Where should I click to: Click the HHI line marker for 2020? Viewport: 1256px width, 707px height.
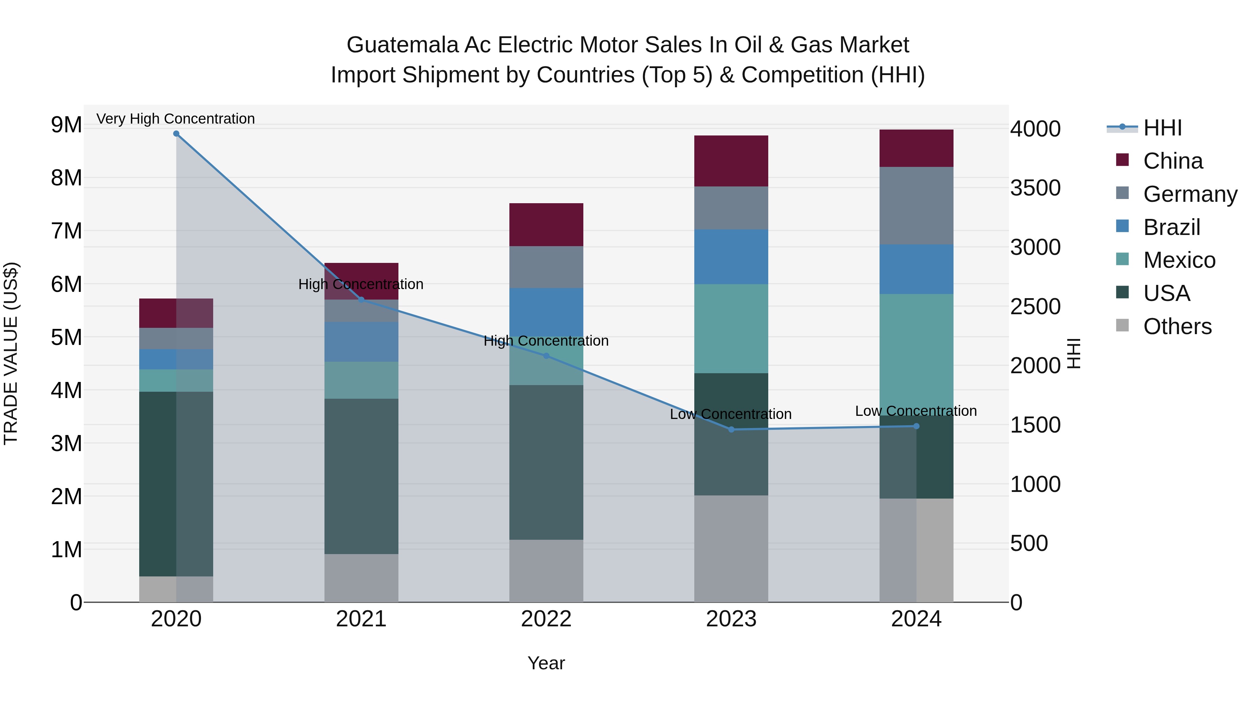176,134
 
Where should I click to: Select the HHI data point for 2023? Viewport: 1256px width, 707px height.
731,429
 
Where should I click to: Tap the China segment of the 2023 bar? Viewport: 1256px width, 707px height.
731,161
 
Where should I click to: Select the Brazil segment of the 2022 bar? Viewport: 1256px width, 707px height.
546,312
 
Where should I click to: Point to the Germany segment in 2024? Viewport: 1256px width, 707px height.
916,205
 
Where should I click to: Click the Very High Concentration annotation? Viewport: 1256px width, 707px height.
175,119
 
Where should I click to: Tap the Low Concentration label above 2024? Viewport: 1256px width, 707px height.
916,411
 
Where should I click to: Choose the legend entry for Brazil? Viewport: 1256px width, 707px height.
1171,227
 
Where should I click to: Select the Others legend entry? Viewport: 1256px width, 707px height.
1177,326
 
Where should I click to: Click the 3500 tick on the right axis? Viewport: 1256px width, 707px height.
1035,188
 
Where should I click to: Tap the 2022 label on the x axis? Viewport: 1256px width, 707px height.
546,619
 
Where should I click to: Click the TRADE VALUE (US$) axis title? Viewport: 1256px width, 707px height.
11,353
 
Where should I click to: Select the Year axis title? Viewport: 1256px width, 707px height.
546,663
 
